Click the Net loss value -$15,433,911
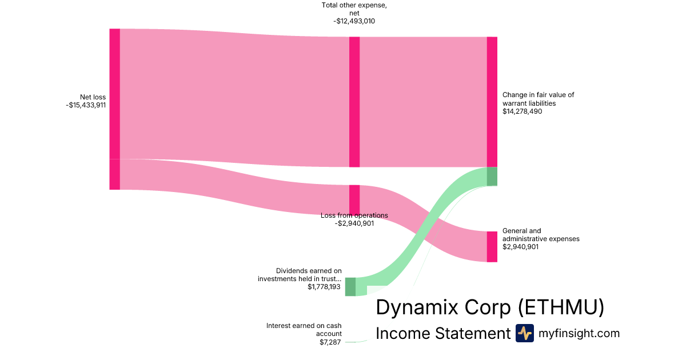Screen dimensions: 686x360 (86, 105)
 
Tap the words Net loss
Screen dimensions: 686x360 (93, 97)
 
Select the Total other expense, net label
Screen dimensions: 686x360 (354, 10)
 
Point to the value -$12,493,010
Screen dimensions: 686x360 (354, 21)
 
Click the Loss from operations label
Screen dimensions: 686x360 (354, 215)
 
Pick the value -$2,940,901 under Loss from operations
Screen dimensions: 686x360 (354, 223)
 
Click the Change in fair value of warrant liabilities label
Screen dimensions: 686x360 (538, 99)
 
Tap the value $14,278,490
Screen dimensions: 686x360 (522, 111)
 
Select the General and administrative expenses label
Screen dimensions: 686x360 (541, 235)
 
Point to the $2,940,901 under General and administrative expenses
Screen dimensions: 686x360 (520, 247)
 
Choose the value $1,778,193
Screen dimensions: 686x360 (324, 287)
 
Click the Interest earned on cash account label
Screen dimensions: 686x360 (304, 330)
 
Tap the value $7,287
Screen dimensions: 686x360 (330, 342)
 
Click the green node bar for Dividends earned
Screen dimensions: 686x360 (350, 286)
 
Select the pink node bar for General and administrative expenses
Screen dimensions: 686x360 (492, 246)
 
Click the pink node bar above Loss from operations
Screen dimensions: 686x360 (354, 199)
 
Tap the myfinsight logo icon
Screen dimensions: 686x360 (524, 333)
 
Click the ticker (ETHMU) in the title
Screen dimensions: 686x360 (561, 307)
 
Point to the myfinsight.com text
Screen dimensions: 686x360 (579, 333)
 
